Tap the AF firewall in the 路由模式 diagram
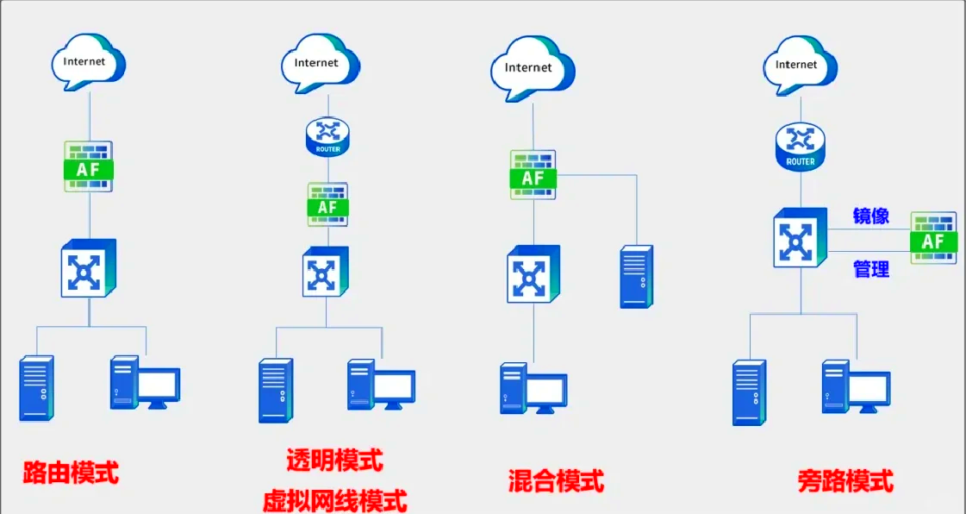tap(89, 167)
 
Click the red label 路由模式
tap(71, 473)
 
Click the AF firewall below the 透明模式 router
tap(327, 205)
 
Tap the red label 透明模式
tap(334, 460)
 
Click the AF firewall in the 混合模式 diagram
tap(533, 176)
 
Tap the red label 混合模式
tap(556, 480)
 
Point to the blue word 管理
tap(870, 270)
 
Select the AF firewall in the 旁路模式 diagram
tap(933, 238)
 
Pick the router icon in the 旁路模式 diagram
tap(801, 147)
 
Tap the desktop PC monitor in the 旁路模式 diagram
tap(869, 390)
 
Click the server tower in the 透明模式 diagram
tap(277, 391)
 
